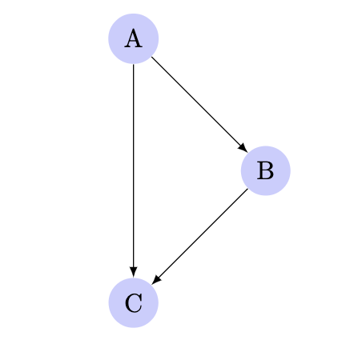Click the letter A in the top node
[133, 38]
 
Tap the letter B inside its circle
[265, 170]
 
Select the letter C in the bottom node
[134, 303]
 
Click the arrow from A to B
[199, 105]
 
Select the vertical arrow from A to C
[134, 170]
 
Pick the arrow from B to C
[199, 237]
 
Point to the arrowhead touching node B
[243, 149]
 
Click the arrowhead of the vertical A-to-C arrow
[134, 272]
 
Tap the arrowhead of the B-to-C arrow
[156, 280]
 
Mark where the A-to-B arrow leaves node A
[151, 57]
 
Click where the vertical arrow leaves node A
[134, 64]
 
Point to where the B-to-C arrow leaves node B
[247, 189]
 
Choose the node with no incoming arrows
[134, 38]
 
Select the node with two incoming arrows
[134, 303]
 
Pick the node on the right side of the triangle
[266, 170]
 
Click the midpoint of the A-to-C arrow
[134, 170]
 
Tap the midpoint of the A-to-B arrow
[199, 105]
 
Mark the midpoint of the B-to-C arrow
[199, 237]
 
